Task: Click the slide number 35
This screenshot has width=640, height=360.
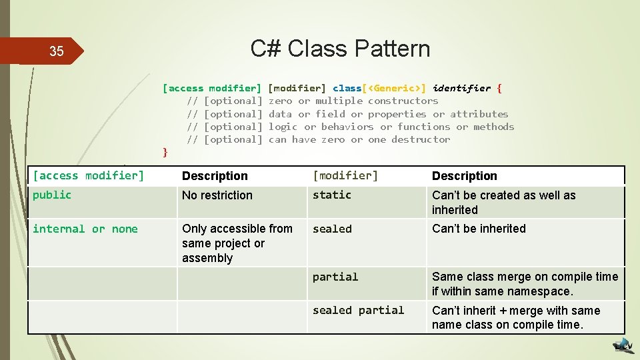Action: coord(57,51)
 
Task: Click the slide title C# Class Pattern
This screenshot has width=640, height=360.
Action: coord(340,49)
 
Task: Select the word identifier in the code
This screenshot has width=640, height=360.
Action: coord(461,88)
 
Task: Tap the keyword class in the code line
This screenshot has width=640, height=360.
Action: coord(347,88)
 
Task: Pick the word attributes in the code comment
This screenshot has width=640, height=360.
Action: coord(479,114)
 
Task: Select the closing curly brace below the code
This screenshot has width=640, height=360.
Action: coord(165,152)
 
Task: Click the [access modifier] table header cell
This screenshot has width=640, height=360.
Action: coord(89,176)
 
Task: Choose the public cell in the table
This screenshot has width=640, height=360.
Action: coord(52,195)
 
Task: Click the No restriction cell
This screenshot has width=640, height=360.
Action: coord(217,195)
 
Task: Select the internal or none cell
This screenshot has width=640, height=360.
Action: coord(85,229)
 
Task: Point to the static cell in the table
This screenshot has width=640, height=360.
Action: coord(332,195)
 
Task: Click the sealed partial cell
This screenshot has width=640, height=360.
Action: coord(359,311)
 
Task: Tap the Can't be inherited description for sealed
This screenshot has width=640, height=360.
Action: coord(479,229)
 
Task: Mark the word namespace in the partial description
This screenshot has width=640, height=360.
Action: coord(541,291)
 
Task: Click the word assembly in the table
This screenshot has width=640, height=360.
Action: coord(207,258)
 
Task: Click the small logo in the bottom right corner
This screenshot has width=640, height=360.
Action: coord(623,345)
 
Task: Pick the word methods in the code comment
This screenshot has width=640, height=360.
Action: coord(493,127)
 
